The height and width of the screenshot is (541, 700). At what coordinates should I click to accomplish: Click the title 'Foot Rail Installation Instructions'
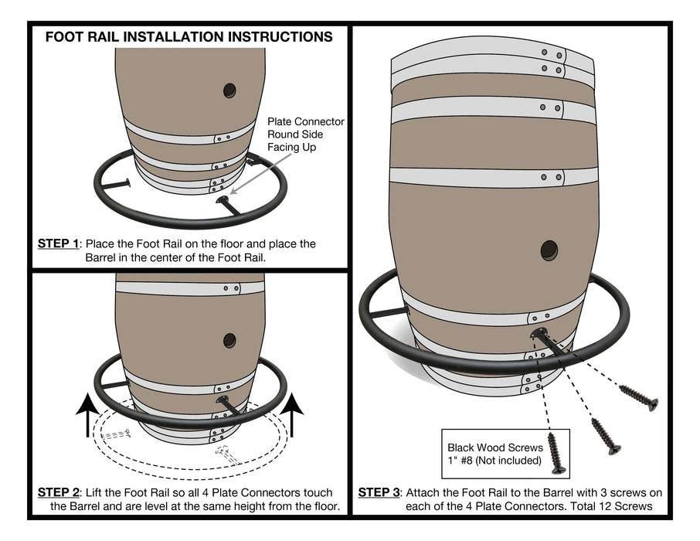(x=189, y=37)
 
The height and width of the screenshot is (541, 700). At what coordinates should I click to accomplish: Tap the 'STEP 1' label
(x=59, y=243)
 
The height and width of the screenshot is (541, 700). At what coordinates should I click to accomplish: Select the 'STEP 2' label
(x=59, y=492)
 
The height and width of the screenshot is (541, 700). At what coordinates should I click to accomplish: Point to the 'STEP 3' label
(x=379, y=492)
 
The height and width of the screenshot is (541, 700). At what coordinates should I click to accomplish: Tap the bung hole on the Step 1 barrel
(x=229, y=90)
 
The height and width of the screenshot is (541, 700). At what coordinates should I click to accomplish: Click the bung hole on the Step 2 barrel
(x=229, y=340)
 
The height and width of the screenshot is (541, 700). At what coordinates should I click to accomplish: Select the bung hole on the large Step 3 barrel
(x=549, y=250)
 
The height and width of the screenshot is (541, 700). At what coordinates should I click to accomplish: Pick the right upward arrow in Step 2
(x=294, y=418)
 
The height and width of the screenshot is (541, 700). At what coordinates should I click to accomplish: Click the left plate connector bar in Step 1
(x=116, y=184)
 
